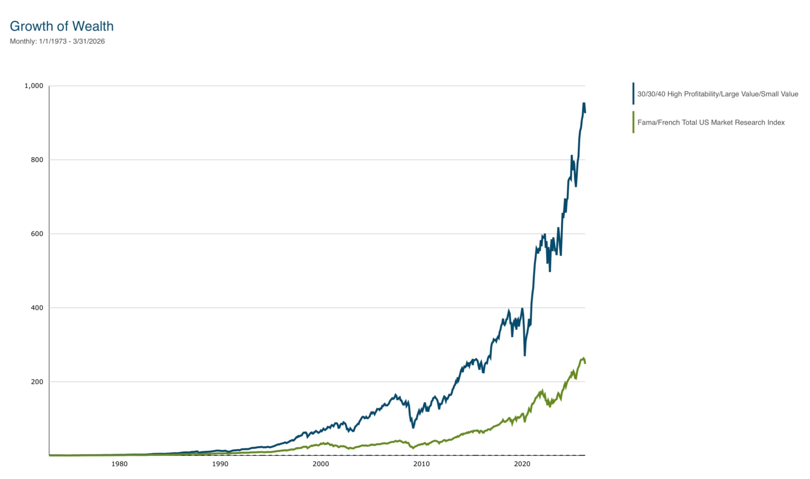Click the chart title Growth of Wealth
(x=62, y=26)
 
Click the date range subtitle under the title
(x=57, y=41)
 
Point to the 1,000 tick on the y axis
(x=34, y=86)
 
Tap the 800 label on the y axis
(x=37, y=160)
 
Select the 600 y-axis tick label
(x=37, y=234)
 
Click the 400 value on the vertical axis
(x=37, y=307)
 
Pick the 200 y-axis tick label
(x=37, y=381)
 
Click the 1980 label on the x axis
(x=119, y=464)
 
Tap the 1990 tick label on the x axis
(x=220, y=464)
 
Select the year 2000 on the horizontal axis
(x=320, y=464)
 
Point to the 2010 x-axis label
(x=421, y=464)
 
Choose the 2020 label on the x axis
(x=522, y=464)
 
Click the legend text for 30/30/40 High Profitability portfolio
(x=718, y=94)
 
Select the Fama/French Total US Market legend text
(x=711, y=123)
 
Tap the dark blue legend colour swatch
(x=633, y=93)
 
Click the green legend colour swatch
(x=633, y=122)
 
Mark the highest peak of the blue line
(x=584, y=103)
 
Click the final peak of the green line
(x=583, y=358)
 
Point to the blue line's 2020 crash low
(x=525, y=355)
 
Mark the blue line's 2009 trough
(x=413, y=427)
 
